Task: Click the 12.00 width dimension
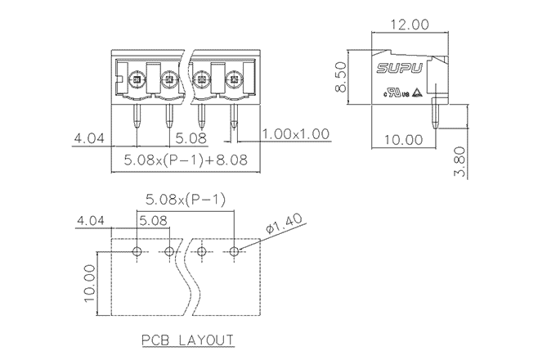pos(409,25)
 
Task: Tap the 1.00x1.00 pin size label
pos(296,133)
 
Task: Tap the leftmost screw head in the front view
pos(137,80)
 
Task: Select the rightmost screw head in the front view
pos(234,80)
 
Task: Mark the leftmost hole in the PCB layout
pos(137,250)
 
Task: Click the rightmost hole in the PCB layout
pos(235,250)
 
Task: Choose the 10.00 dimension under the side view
pos(403,140)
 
